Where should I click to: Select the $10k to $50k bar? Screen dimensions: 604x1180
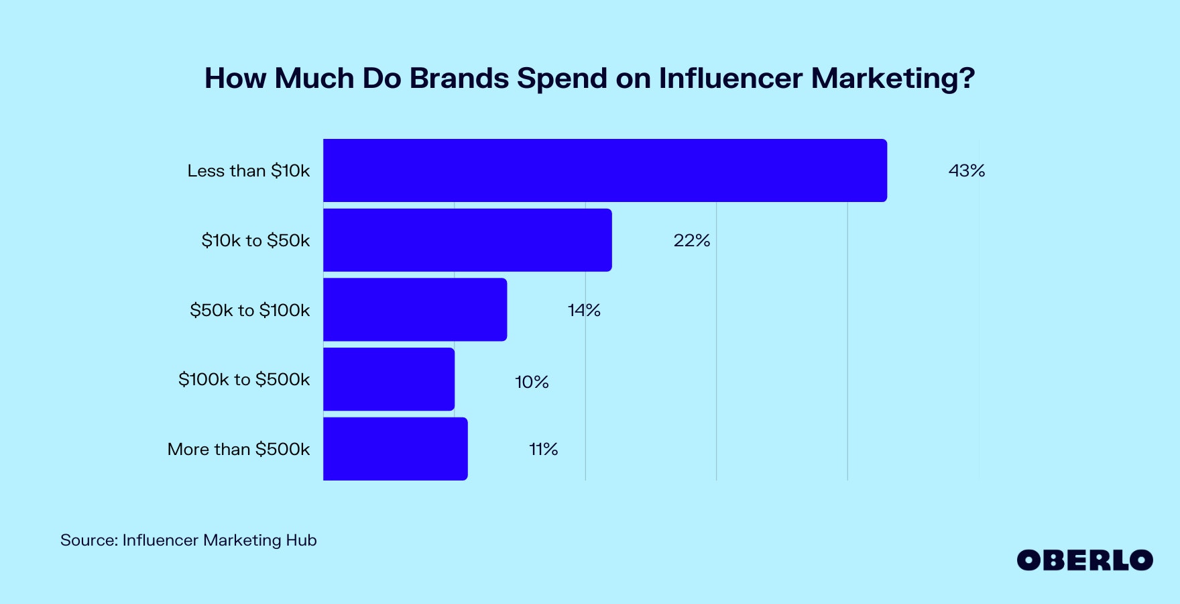467,240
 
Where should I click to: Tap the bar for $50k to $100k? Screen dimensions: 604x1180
415,310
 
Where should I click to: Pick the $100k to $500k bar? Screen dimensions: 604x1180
389,379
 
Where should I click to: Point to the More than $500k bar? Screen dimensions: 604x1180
396,449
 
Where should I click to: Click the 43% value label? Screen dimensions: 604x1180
966,171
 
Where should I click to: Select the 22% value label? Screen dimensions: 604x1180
691,241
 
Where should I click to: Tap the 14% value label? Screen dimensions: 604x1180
584,311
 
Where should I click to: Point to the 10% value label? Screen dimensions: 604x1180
532,383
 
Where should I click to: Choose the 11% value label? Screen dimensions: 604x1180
543,450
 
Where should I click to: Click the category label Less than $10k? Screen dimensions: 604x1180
249,171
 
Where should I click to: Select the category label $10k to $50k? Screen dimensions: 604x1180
255,241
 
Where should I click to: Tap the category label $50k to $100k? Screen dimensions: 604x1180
249,310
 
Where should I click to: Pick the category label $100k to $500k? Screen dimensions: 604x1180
244,380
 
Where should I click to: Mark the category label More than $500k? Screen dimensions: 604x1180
239,450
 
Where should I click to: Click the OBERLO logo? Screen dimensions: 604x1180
1084,560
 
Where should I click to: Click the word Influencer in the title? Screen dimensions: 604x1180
730,79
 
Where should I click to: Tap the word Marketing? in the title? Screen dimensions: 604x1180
892,79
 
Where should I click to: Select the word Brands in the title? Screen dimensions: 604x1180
459,79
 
